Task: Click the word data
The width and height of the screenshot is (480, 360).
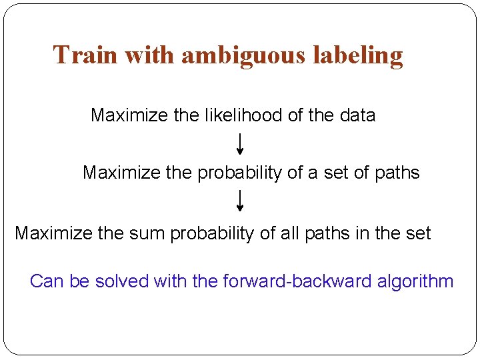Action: click(357, 115)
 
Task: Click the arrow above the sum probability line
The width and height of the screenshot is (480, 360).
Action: click(240, 200)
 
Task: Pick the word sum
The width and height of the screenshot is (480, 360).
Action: click(147, 234)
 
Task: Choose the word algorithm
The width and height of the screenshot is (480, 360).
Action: click(415, 282)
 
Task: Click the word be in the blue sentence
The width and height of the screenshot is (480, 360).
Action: click(79, 281)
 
